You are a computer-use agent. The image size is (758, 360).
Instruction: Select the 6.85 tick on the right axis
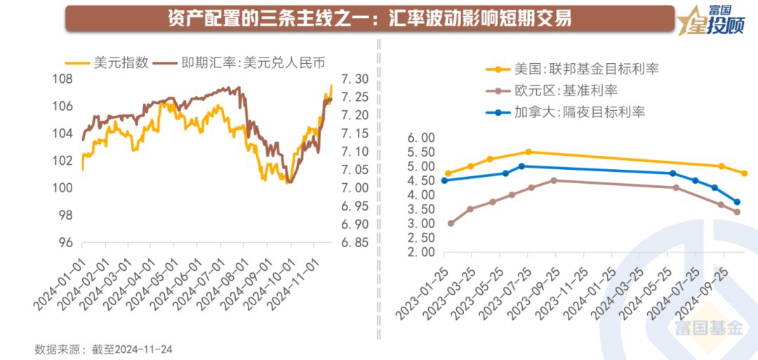[x=354, y=243]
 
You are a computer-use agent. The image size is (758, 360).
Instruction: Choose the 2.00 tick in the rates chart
[x=421, y=253]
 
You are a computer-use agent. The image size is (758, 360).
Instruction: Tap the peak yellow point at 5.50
[x=528, y=152]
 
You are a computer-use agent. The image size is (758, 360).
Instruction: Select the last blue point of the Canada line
[x=737, y=202]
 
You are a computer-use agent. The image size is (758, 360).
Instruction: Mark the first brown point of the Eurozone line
[x=450, y=224]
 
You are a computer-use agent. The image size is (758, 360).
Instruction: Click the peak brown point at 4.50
[x=554, y=180]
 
